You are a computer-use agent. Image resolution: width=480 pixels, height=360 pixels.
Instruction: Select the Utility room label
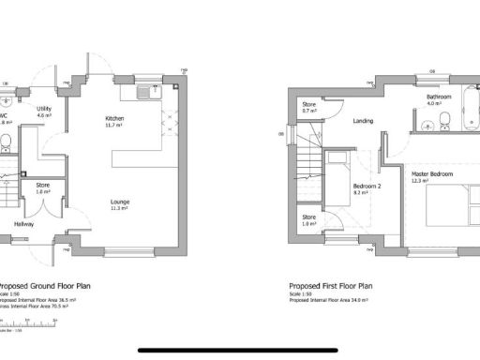pos(43,109)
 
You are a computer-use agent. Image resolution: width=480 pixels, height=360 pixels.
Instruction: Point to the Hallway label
pos(25,223)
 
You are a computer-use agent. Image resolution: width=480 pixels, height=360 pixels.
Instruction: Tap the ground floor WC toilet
pos(6,143)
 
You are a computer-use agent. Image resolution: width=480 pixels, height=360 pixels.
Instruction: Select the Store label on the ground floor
pos(42,186)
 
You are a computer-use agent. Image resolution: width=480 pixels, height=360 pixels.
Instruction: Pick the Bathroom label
pos(439,97)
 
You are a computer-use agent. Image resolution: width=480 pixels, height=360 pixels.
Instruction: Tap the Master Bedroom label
pos(433,173)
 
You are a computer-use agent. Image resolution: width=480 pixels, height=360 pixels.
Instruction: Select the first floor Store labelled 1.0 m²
pos(309,220)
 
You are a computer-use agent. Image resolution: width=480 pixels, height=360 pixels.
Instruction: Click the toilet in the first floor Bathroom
pos(446,121)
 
